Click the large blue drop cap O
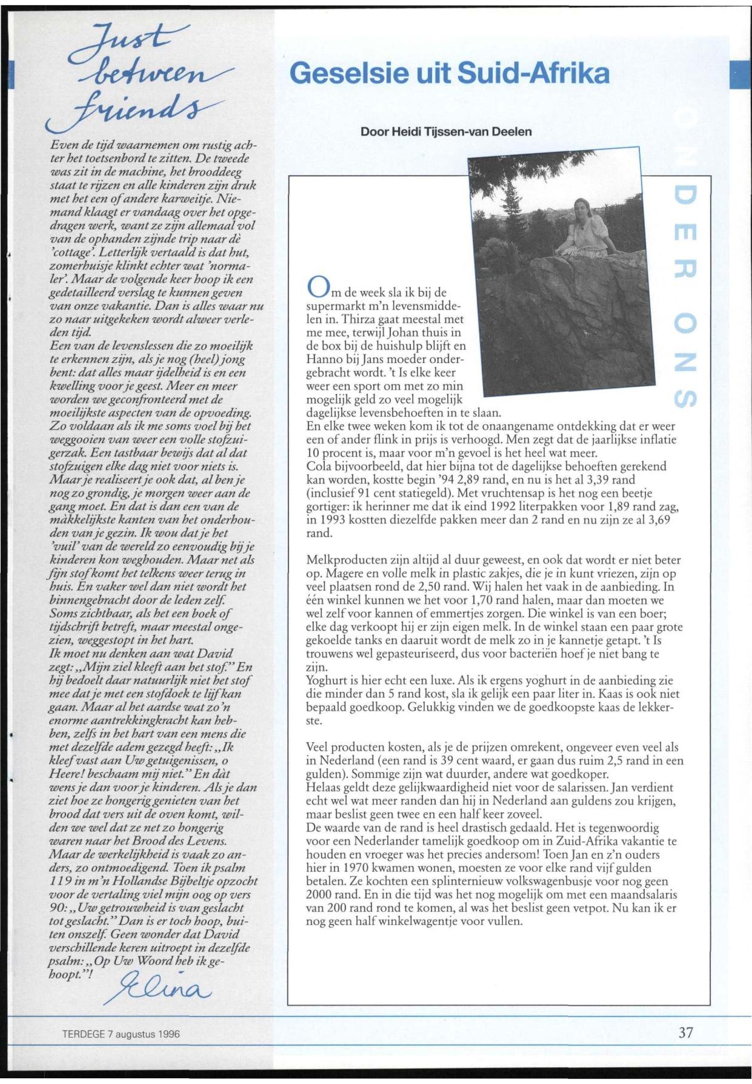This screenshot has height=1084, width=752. point(315,287)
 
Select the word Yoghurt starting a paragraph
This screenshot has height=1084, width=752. point(325,680)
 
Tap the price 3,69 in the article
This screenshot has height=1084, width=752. point(659,520)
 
